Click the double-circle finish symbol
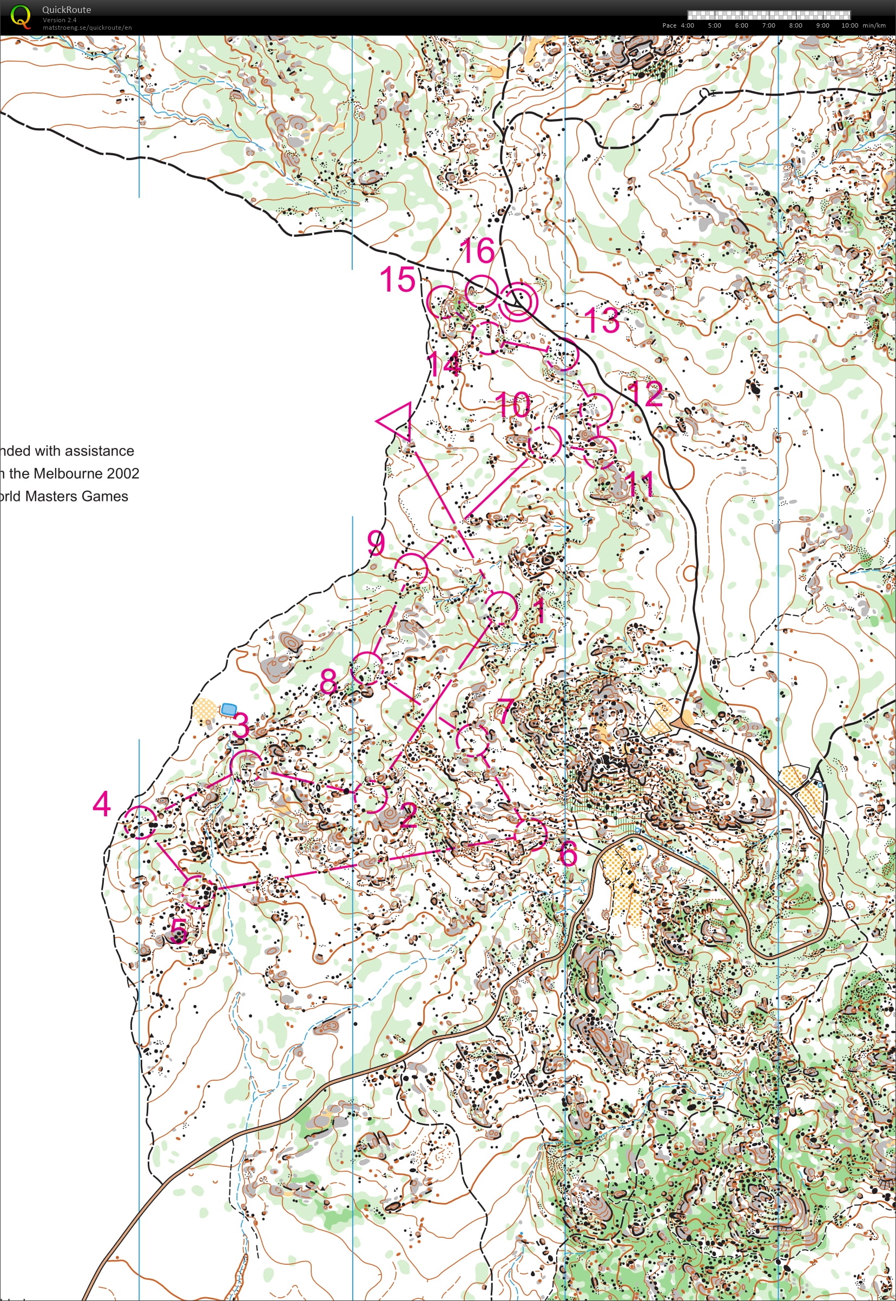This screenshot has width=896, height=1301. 518,301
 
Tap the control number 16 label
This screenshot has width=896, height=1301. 477,250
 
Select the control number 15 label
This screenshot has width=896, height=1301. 398,279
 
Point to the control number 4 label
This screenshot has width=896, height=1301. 102,804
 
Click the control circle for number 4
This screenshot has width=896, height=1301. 140,822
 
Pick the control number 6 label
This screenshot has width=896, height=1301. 568,854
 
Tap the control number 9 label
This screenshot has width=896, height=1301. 376,543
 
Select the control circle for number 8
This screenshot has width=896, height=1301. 367,668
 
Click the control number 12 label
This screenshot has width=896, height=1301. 645,394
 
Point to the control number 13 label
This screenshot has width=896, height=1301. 602,320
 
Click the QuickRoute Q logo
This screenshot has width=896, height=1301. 20,17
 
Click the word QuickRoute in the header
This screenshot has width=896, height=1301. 66,10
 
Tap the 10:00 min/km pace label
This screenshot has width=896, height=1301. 863,25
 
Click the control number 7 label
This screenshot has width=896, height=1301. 505,711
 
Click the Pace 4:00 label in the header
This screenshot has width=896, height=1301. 678,25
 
